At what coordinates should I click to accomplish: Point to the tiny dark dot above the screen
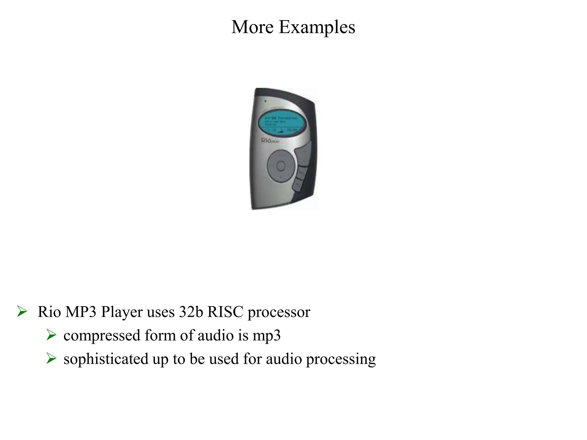(265, 101)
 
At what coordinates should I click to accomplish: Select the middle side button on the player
(301, 172)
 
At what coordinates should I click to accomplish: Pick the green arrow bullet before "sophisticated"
(51, 358)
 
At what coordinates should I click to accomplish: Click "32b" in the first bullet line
(191, 312)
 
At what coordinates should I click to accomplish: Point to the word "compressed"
(102, 335)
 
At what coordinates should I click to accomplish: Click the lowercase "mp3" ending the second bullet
(266, 335)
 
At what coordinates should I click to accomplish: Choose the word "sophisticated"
(105, 359)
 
